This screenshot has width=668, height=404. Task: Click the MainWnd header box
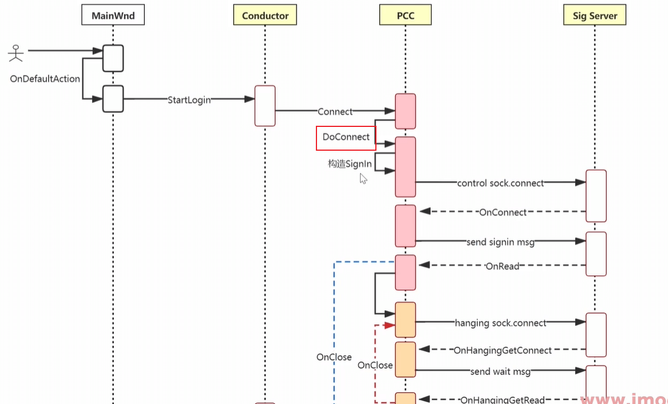tap(113, 15)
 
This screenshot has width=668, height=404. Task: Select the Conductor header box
tap(265, 15)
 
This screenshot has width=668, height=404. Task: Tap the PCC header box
tap(405, 15)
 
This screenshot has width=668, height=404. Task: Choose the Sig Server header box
tap(594, 15)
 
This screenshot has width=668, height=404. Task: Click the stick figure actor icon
tap(16, 53)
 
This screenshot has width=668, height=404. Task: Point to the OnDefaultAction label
tap(45, 79)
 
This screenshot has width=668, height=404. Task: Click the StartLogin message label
tap(189, 100)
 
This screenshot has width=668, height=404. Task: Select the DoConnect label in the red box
tap(346, 137)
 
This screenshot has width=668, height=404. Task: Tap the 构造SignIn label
tap(350, 164)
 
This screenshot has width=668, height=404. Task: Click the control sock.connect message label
tap(500, 183)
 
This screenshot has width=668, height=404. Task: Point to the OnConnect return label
tap(503, 212)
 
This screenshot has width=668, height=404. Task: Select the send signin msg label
tap(500, 242)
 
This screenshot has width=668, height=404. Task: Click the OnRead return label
tap(502, 266)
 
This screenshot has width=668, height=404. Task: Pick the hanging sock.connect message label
tap(500, 323)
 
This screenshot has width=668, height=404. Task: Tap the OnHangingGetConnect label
tap(503, 351)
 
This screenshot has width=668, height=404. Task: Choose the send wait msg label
tap(500, 372)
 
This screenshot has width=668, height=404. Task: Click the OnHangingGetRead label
tap(503, 400)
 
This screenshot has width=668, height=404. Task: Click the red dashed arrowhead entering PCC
tap(389, 325)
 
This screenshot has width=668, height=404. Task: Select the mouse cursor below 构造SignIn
tap(363, 178)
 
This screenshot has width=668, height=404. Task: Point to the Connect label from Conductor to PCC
tap(335, 112)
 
